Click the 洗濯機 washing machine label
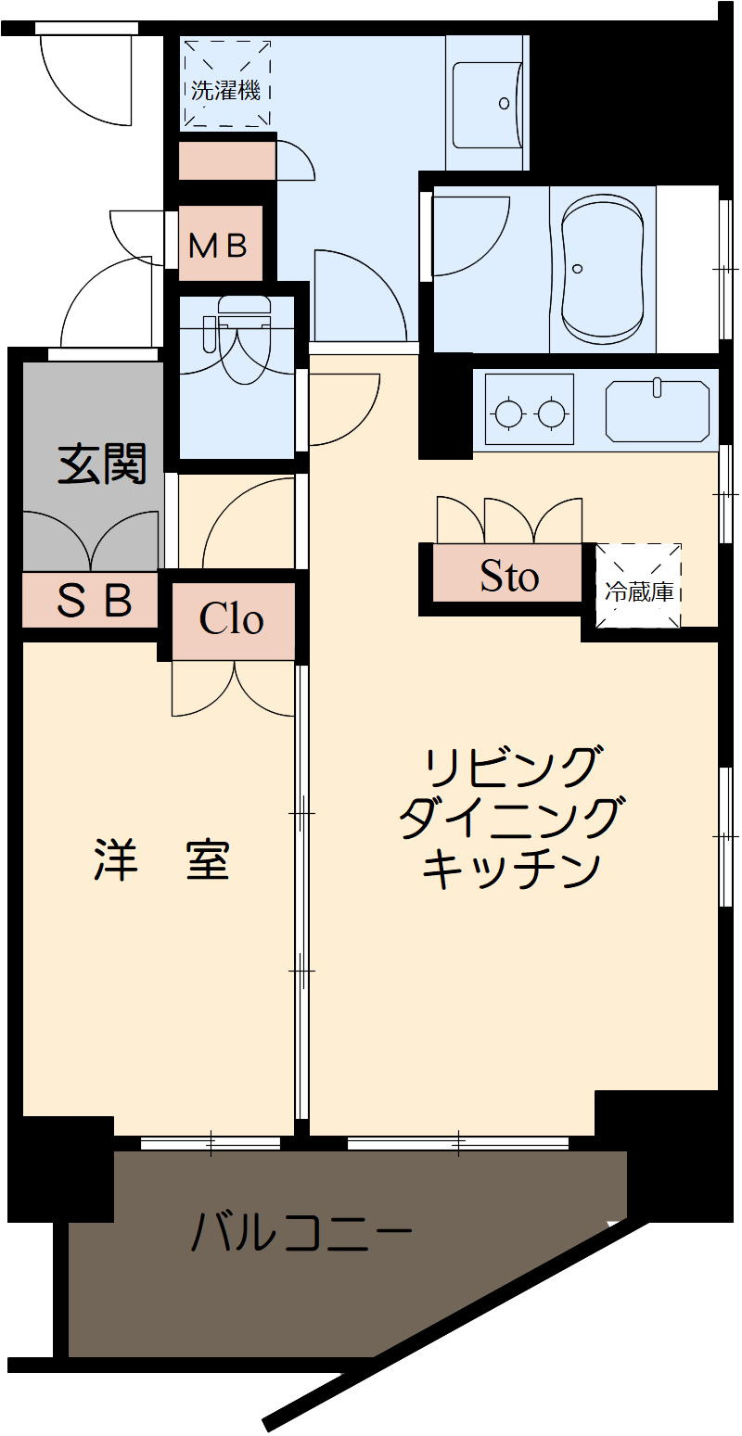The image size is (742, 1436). [x=225, y=91]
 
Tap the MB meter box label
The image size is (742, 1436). [x=219, y=245]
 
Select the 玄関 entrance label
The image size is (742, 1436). [x=102, y=464]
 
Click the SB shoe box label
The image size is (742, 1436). [x=95, y=601]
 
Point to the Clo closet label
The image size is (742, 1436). [x=232, y=619]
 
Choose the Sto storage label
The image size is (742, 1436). [x=509, y=577]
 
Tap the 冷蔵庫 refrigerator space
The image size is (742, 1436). [x=639, y=591]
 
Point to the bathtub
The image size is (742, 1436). [x=603, y=269]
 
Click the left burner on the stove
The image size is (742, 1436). [x=508, y=412]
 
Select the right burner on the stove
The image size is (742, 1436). [x=552, y=412]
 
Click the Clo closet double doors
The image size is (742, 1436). [x=234, y=690]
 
